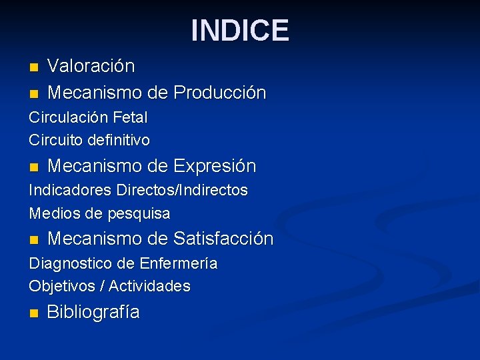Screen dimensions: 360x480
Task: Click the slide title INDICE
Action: (x=240, y=31)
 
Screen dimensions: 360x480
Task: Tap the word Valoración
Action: (x=91, y=67)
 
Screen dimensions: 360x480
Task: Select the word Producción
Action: (x=219, y=92)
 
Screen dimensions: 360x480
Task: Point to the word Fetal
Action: (x=130, y=117)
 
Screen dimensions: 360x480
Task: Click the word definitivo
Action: (x=117, y=141)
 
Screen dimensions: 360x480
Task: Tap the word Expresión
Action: (x=214, y=165)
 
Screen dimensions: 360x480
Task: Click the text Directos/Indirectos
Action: (x=182, y=191)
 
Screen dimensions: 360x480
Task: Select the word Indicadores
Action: (x=70, y=191)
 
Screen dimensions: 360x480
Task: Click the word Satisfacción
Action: (x=223, y=238)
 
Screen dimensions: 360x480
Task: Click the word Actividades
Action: (x=149, y=287)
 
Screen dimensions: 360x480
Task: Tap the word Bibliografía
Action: (x=93, y=312)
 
